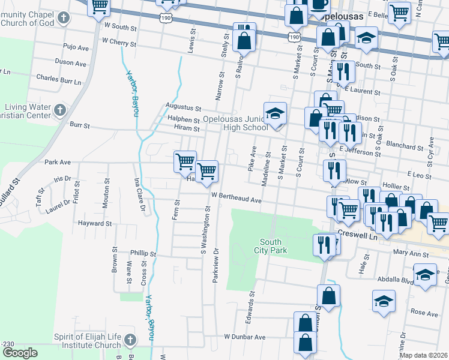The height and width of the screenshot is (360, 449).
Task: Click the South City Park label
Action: click(x=270, y=246)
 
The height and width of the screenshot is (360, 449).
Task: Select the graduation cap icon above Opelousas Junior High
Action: click(x=275, y=113)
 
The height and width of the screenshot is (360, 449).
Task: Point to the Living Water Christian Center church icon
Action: click(x=59, y=110)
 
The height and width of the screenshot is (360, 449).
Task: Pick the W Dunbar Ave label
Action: click(x=245, y=337)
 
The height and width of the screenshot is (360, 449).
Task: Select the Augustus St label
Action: click(x=183, y=108)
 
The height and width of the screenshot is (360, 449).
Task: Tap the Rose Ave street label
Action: click(x=424, y=313)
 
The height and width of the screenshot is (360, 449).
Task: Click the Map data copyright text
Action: click(x=423, y=355)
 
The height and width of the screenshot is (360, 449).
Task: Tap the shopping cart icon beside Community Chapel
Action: click(x=100, y=7)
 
